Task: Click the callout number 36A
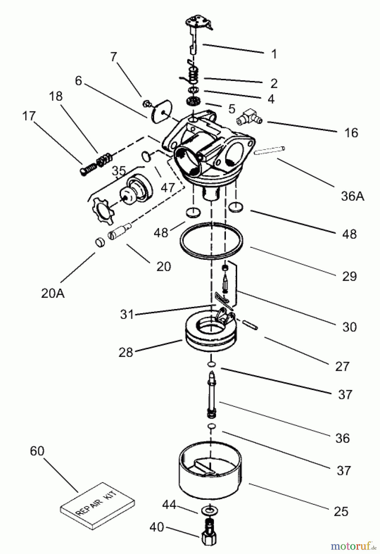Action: pyautogui.click(x=352, y=196)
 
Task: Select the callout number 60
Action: pyautogui.click(x=37, y=451)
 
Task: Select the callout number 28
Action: pyautogui.click(x=126, y=352)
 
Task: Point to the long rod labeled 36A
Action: pyautogui.click(x=270, y=151)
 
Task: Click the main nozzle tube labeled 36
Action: pyautogui.click(x=212, y=395)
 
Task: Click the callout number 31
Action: pyautogui.click(x=127, y=315)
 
